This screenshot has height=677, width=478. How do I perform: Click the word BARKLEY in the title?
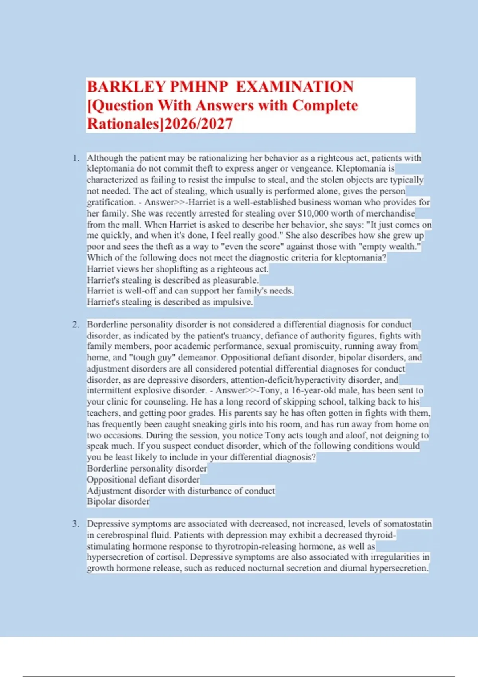click(126, 87)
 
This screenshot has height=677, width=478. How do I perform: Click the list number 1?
click(76, 158)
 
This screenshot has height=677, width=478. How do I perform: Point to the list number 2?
click(76, 325)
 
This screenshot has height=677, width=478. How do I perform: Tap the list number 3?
click(76, 524)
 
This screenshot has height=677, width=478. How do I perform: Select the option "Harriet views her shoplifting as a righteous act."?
click(178, 269)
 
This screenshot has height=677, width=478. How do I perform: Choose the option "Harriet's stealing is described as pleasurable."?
click(172, 280)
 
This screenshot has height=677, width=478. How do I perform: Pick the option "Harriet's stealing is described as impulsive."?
click(170, 302)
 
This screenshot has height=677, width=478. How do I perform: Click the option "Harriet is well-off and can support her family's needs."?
click(190, 291)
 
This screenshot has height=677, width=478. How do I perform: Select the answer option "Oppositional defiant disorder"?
click(143, 479)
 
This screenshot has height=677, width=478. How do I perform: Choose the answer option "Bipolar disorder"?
click(118, 501)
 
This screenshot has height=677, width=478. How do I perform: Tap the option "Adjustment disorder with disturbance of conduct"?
click(181, 491)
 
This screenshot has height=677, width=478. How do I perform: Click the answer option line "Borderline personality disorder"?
click(147, 468)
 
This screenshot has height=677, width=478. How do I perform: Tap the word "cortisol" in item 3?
click(172, 557)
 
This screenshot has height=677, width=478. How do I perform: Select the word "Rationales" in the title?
click(123, 124)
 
